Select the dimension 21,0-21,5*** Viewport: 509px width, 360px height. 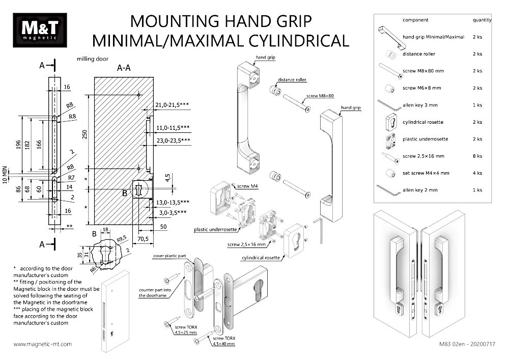[172, 105]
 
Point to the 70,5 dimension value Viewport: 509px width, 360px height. [143, 238]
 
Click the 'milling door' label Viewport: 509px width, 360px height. [92, 59]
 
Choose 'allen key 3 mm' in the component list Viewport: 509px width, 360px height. [420, 105]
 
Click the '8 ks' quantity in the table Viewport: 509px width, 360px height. [477, 156]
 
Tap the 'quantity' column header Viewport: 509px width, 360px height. [482, 20]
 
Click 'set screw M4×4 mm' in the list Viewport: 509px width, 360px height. [426, 173]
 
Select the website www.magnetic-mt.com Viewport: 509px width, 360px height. [42, 344]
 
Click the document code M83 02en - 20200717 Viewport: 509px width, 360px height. [466, 344]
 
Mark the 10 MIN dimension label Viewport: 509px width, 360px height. [6, 174]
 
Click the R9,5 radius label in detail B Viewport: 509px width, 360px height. [121, 238]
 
